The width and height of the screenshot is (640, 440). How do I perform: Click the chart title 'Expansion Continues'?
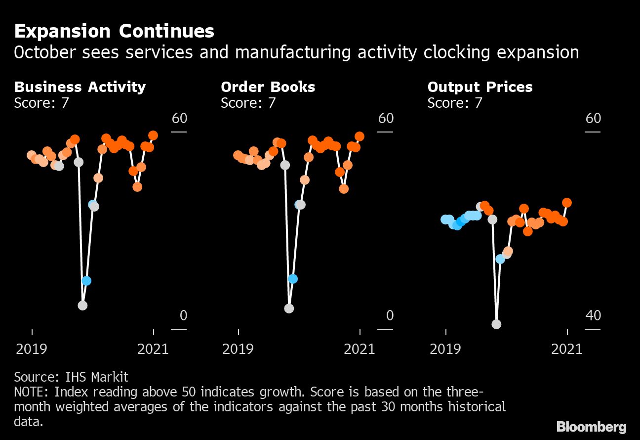point(114,32)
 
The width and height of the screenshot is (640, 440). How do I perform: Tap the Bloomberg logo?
point(591,427)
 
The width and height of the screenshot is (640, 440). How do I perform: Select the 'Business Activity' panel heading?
point(80,87)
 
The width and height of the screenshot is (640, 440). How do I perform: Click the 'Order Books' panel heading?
point(268,87)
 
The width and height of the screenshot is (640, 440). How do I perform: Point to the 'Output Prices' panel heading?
point(480,87)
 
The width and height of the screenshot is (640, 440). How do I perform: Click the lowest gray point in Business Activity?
point(82,306)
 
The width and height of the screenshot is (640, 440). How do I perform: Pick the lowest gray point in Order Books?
point(289,308)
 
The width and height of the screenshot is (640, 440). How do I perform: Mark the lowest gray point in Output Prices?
point(496,324)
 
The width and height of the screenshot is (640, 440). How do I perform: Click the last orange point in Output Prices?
point(567,203)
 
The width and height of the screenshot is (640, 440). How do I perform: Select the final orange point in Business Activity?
point(153,135)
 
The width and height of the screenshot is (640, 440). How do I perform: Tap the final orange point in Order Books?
point(360,136)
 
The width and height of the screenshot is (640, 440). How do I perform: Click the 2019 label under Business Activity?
point(32,349)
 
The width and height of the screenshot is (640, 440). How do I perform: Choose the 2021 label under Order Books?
point(360,349)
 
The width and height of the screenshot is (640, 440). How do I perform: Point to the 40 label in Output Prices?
point(593,315)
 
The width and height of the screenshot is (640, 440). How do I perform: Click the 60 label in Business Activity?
point(179,118)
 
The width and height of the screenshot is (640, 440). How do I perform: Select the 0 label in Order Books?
point(390,315)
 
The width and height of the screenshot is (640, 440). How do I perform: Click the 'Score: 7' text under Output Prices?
point(454,103)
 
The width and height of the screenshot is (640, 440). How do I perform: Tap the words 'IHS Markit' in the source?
point(96,377)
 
